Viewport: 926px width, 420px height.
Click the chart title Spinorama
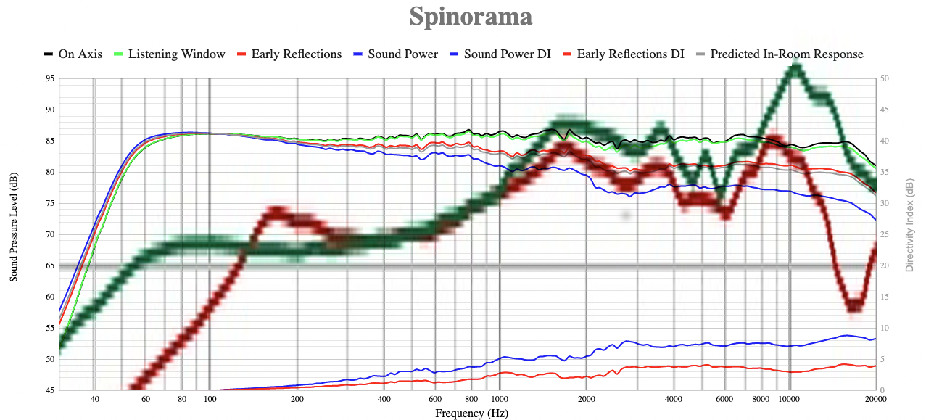[471, 17]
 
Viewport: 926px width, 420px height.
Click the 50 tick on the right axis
[884, 79]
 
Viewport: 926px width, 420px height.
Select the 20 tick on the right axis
[884, 266]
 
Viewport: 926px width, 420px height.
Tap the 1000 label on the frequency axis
[499, 399]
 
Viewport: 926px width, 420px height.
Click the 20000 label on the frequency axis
[876, 399]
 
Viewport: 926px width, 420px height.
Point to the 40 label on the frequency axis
[94, 399]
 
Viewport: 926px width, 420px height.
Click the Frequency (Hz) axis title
[471, 413]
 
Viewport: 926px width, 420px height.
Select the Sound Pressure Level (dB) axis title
[13, 227]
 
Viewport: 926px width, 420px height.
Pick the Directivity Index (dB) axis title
[910, 225]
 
